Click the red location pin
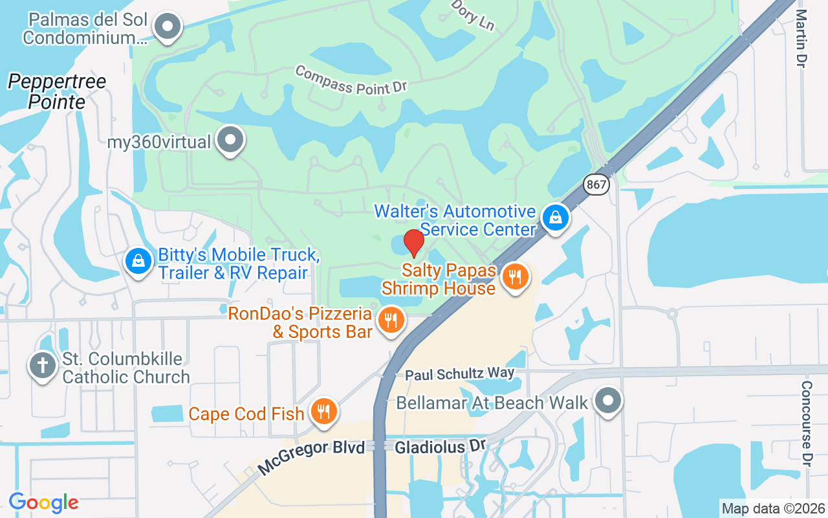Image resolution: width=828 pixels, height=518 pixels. click(x=414, y=242)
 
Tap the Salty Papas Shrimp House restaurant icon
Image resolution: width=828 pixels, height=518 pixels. click(x=515, y=277)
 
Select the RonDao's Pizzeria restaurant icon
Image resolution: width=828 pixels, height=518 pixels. click(x=391, y=320)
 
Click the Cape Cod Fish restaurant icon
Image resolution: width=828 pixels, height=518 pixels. click(x=323, y=411)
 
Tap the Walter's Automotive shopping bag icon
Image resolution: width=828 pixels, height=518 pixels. click(x=555, y=218)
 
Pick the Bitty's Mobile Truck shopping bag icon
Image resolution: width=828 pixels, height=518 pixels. click(x=138, y=262)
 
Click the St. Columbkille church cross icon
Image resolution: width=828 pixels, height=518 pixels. click(x=43, y=365)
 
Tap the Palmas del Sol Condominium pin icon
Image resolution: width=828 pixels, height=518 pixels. click(x=168, y=27)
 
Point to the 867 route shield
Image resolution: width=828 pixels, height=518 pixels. click(x=596, y=185)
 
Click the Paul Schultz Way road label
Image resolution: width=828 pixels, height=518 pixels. click(x=459, y=374)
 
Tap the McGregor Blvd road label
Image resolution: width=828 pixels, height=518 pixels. click(x=311, y=458)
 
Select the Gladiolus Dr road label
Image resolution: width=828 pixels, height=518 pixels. click(x=440, y=447)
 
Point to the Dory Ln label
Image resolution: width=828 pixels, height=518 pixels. click(x=472, y=15)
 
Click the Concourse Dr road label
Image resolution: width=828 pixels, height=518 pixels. click(x=807, y=422)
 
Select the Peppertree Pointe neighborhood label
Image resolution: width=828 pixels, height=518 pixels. click(x=57, y=91)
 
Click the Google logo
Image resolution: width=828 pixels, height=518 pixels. click(x=43, y=502)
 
